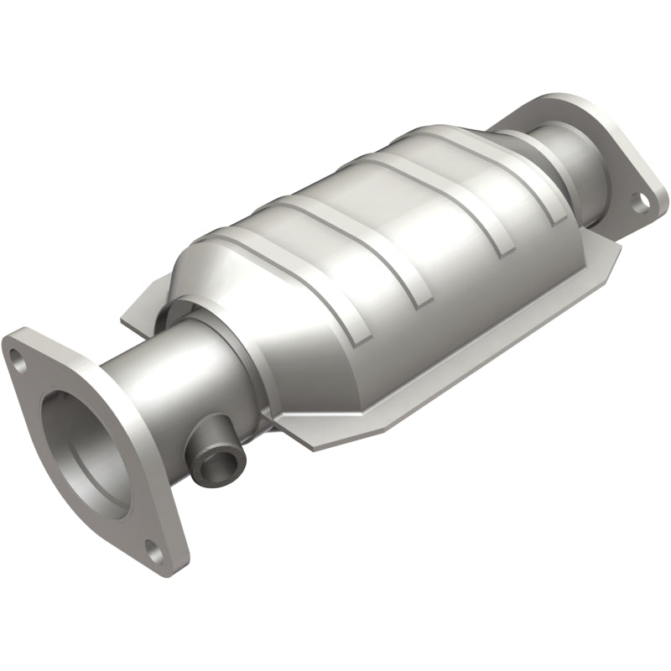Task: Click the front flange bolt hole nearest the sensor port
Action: point(154,552)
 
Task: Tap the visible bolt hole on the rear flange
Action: point(641,200)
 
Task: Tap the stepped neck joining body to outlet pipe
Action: point(520,143)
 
